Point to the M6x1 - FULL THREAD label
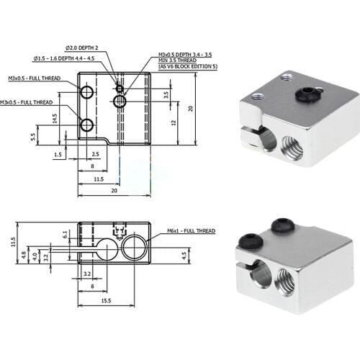click(x=192, y=230)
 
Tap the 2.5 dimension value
click(x=95, y=154)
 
